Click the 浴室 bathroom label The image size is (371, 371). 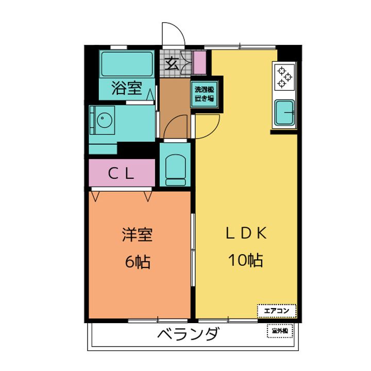127,88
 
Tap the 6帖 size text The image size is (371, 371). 137,262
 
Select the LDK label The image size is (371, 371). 246,233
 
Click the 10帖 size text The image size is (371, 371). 246,260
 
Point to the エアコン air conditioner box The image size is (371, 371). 277,310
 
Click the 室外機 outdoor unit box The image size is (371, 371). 280,330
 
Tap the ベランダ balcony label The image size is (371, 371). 189,335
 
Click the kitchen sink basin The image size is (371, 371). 284,112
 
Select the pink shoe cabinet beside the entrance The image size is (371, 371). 199,62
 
